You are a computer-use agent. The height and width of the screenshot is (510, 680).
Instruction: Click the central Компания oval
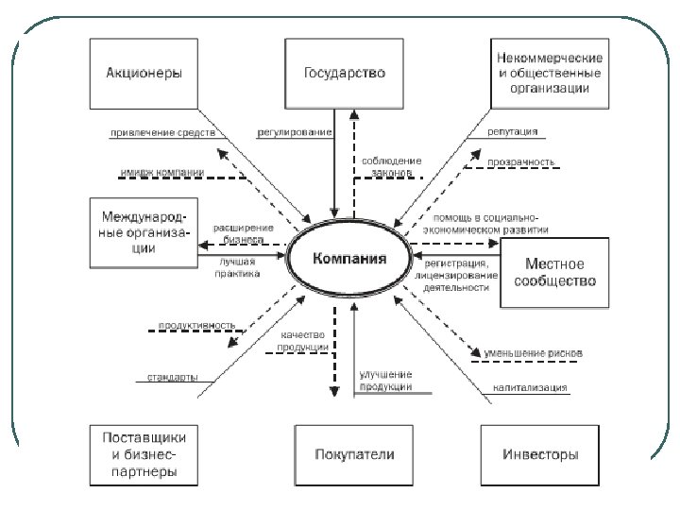pyautogui.click(x=350, y=257)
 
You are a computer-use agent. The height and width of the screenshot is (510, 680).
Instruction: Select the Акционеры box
pyautogui.click(x=144, y=73)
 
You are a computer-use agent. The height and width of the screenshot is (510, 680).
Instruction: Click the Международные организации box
pyautogui.click(x=144, y=229)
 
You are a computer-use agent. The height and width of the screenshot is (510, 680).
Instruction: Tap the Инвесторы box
pyautogui.click(x=542, y=455)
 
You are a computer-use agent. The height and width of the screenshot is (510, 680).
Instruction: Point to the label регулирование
pyautogui.click(x=294, y=133)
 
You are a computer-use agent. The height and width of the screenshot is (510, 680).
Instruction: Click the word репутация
pyautogui.click(x=514, y=133)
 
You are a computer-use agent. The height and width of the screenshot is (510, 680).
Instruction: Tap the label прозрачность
pyautogui.click(x=521, y=162)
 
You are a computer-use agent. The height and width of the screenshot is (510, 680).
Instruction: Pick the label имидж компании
pyautogui.click(x=161, y=173)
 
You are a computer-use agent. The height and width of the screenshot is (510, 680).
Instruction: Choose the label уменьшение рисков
pyautogui.click(x=532, y=353)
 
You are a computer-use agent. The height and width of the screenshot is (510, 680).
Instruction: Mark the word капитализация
pyautogui.click(x=530, y=387)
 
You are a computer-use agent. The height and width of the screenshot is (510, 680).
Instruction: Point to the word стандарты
pyautogui.click(x=172, y=378)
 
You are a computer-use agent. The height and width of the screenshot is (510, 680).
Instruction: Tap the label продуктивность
pyautogui.click(x=196, y=326)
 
